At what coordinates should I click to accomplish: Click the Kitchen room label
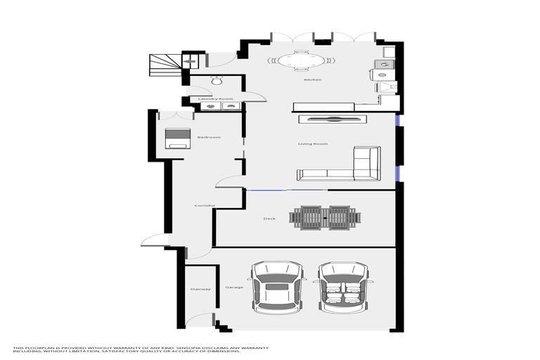click(x=312, y=79)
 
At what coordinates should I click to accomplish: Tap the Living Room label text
click(x=313, y=144)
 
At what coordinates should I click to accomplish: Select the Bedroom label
click(x=208, y=137)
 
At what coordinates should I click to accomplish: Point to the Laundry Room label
click(x=215, y=99)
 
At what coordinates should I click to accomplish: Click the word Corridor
click(x=204, y=205)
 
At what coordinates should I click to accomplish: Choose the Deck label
click(x=269, y=219)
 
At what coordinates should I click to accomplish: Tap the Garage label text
click(x=233, y=288)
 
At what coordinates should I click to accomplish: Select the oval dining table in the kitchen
click(x=301, y=61)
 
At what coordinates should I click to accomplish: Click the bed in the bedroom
click(x=177, y=138)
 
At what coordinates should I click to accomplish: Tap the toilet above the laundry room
click(x=216, y=79)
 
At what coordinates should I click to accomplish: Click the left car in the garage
click(x=277, y=287)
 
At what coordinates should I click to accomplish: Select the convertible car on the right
click(x=344, y=287)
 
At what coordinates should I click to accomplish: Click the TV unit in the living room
click(x=332, y=119)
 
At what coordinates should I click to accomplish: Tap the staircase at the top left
click(x=165, y=65)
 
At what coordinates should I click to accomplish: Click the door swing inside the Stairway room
click(x=199, y=319)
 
